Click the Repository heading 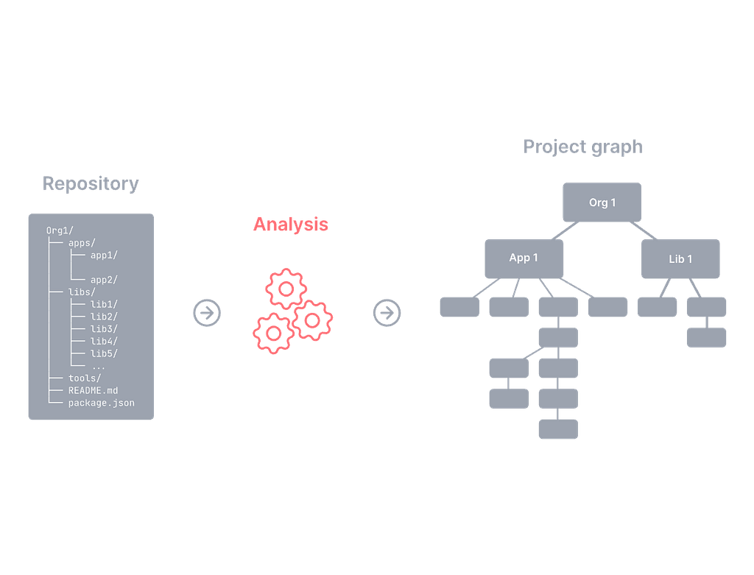point(91,183)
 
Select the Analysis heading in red point(290,224)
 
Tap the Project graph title point(583,147)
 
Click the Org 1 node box point(602,202)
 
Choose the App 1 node point(524,258)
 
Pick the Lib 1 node point(680,258)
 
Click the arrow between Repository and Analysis point(207,313)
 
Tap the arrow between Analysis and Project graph point(387,313)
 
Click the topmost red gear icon point(286,289)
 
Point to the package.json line point(101,403)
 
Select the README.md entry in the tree point(93,390)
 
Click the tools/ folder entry point(85,378)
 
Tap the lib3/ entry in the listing point(104,329)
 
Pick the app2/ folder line point(104,280)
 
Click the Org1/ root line point(60,230)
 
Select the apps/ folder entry point(82,243)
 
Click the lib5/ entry point(104,353)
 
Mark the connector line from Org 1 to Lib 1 point(644,230)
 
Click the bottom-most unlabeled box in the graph point(558,428)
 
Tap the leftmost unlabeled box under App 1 point(459,307)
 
